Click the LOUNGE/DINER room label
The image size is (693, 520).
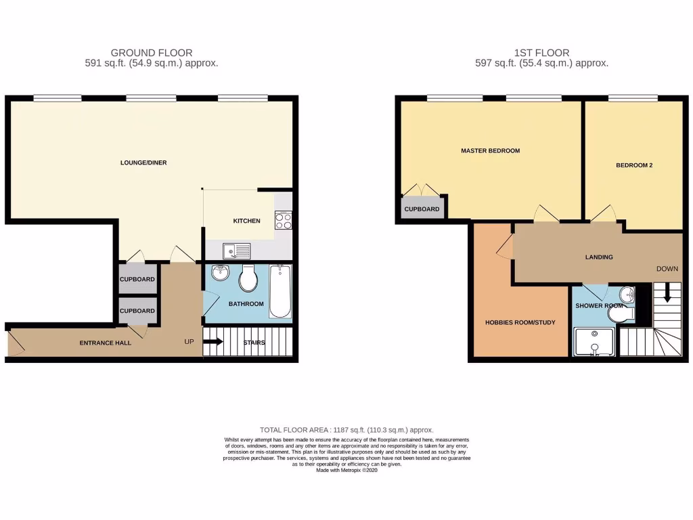coord(143,162)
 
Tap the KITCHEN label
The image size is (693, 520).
coord(246,221)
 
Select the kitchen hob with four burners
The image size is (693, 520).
coord(283,220)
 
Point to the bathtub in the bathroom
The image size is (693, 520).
coord(280,292)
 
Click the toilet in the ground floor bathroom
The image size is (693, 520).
coord(248,278)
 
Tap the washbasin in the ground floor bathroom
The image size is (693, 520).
coord(220,274)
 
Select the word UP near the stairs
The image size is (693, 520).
coord(189,342)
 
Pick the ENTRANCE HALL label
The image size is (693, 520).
coord(106,343)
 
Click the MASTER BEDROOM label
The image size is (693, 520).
coord(490,150)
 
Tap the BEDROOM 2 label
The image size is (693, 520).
coord(633,165)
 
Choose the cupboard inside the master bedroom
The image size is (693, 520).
coord(422,209)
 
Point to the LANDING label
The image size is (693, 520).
coord(599,257)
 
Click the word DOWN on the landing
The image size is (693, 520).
coord(667,269)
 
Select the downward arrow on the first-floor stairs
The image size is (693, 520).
coord(668,292)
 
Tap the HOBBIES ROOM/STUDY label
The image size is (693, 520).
coord(520,322)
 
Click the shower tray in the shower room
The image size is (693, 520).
coord(594,342)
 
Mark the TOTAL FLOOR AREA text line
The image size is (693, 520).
coord(346,430)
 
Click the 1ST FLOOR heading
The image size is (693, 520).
coord(541,52)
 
